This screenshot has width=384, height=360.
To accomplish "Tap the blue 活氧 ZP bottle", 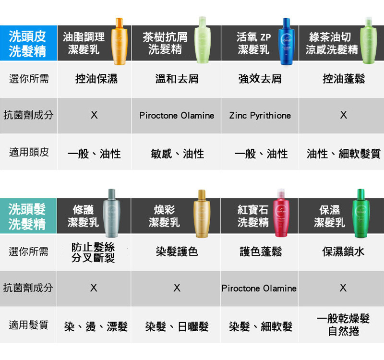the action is (286, 42).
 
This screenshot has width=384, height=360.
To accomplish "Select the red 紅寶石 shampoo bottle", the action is (277, 213).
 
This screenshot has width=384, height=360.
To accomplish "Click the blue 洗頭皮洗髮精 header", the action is (28, 43).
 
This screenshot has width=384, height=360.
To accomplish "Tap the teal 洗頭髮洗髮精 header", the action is (28, 216).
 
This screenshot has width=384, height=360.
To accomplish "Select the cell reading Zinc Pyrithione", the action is (260, 116).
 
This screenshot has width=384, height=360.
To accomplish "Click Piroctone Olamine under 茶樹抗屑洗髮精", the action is (177, 116).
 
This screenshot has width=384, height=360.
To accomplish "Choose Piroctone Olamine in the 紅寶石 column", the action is (259, 288).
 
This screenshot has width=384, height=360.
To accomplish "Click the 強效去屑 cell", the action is (260, 79).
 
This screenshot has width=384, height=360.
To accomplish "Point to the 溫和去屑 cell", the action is (177, 79).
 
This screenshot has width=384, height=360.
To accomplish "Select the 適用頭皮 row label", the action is (29, 153).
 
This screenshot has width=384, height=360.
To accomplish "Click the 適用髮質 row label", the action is (29, 325).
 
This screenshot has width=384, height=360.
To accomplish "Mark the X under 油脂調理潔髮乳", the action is (94, 116).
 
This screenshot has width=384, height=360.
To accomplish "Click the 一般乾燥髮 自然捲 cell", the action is (343, 325).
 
